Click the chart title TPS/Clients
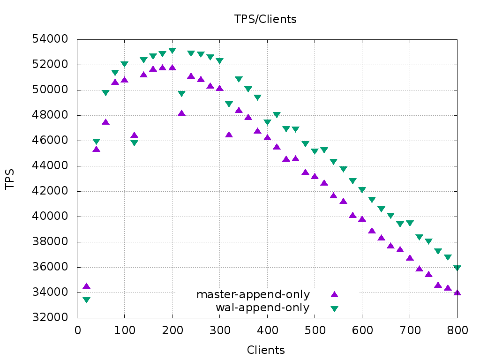point(265,19)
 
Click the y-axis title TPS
point(10,180)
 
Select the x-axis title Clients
point(265,350)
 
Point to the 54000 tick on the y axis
point(50,39)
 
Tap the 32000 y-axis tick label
point(50,318)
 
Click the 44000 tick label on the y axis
point(50,166)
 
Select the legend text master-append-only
point(253,294)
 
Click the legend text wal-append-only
point(262,308)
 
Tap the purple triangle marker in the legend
point(334,294)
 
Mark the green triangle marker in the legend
point(334,308)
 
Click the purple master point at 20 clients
point(86,286)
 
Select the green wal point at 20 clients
point(86,300)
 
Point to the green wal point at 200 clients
point(172,51)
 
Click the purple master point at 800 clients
point(457,292)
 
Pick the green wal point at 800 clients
point(457,268)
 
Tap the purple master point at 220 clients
point(181,113)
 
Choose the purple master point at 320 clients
point(229,135)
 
